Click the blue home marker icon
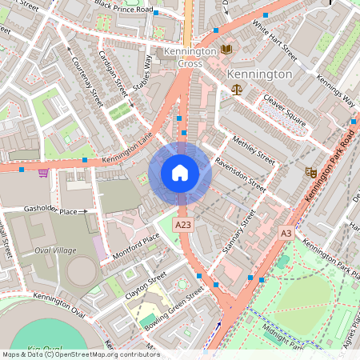tap(180, 173)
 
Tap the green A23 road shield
tap(183, 226)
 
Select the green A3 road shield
tap(286, 233)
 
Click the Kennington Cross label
tap(190, 57)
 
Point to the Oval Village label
tap(55, 250)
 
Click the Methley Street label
tap(253, 150)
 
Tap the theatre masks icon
tap(310, 172)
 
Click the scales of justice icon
tap(236, 89)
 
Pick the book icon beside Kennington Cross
tap(226, 50)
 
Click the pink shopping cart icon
tap(43, 172)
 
